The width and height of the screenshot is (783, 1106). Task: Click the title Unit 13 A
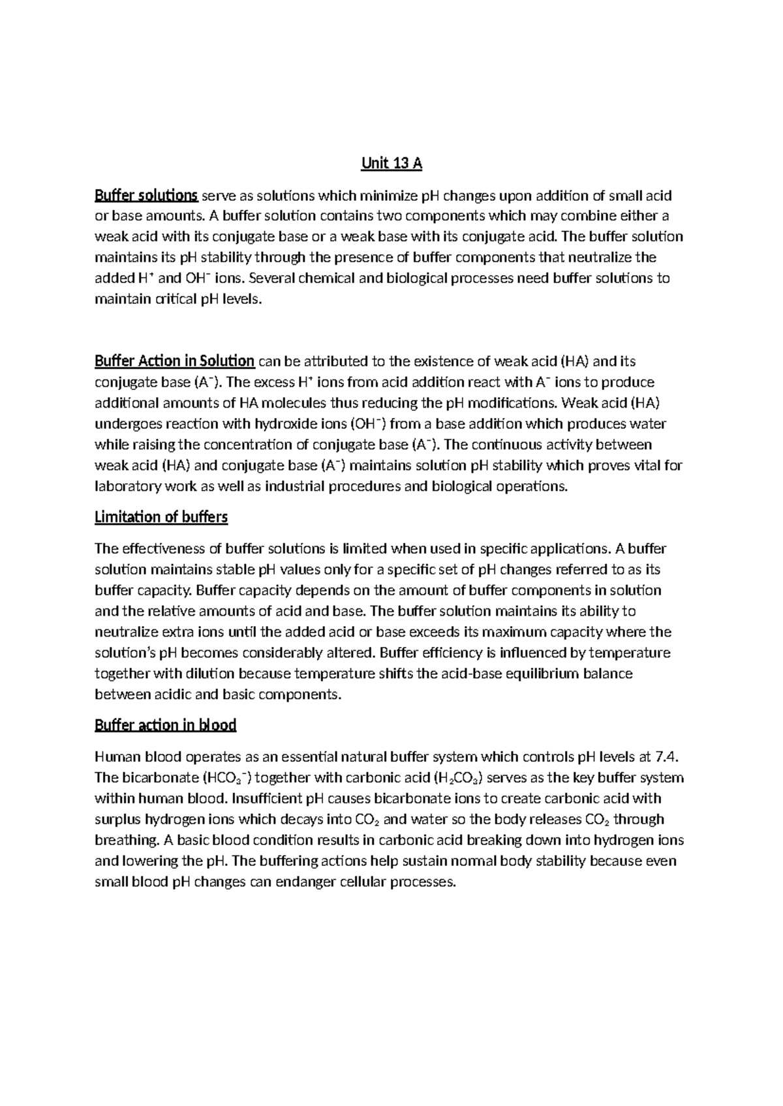click(391, 164)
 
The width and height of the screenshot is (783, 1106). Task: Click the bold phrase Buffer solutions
click(146, 195)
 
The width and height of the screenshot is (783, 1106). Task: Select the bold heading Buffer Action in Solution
click(174, 361)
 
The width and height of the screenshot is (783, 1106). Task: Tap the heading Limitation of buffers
click(161, 517)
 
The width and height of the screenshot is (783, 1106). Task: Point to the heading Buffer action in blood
click(165, 725)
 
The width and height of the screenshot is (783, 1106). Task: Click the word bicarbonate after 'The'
click(158, 778)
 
